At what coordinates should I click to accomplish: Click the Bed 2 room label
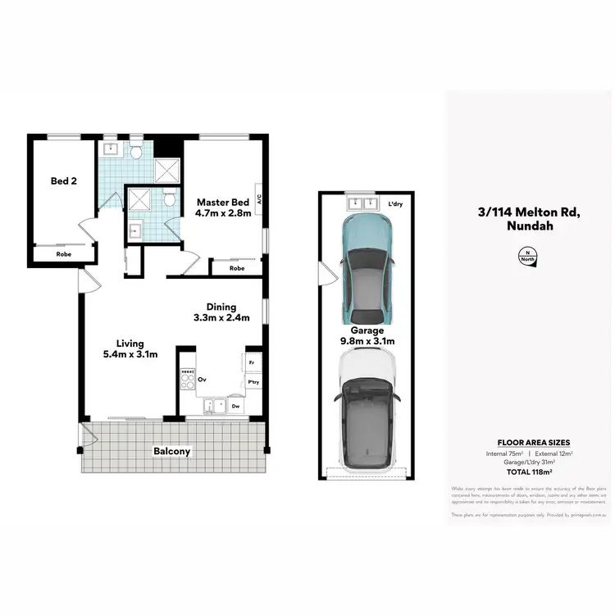click(x=63, y=180)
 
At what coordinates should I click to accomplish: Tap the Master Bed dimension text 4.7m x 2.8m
click(x=221, y=214)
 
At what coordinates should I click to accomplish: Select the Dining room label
click(x=221, y=305)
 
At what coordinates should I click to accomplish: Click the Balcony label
click(x=172, y=451)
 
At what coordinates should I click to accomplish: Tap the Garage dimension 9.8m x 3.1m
click(x=368, y=341)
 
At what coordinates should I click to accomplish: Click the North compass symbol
click(x=527, y=256)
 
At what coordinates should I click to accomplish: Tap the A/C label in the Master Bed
click(x=258, y=198)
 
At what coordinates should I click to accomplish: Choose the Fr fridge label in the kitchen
click(x=250, y=362)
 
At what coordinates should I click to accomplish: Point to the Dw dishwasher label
click(x=235, y=405)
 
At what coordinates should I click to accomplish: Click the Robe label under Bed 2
click(x=63, y=254)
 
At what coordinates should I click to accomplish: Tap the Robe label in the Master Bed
click(x=237, y=268)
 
